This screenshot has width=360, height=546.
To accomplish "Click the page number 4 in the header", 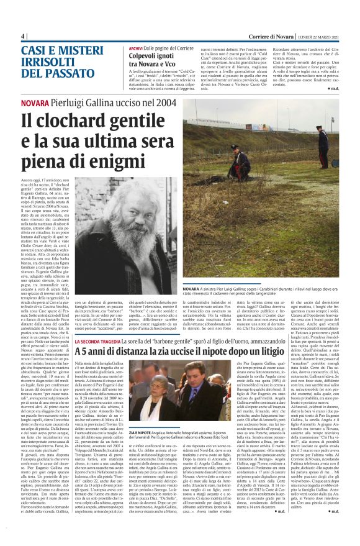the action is click(x=22, y=36).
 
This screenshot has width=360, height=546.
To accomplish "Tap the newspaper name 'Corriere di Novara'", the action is click(x=259, y=36).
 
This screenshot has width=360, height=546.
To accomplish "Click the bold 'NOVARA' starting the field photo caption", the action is click(x=193, y=289).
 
